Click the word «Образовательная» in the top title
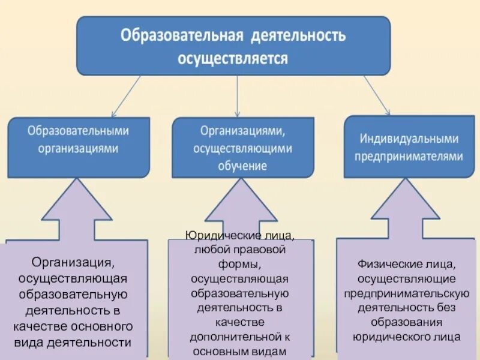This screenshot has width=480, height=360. click(181, 35)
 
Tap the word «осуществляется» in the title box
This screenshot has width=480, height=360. click(233, 58)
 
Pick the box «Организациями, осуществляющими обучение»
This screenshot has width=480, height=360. click(242, 148)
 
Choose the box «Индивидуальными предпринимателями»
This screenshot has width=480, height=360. click(409, 147)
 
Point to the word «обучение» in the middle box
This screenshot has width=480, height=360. click(242, 166)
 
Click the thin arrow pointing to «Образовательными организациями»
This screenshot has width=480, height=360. click(126, 96)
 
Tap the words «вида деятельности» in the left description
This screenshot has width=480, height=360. click(78, 343)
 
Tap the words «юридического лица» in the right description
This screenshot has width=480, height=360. click(407, 336)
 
